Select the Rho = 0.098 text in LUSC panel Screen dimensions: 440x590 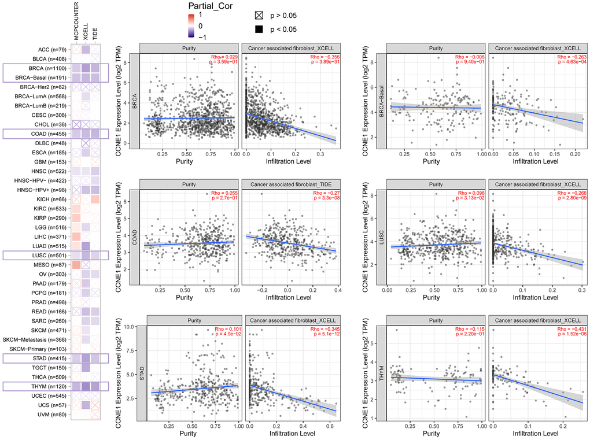pyautogui.click(x=469, y=193)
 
